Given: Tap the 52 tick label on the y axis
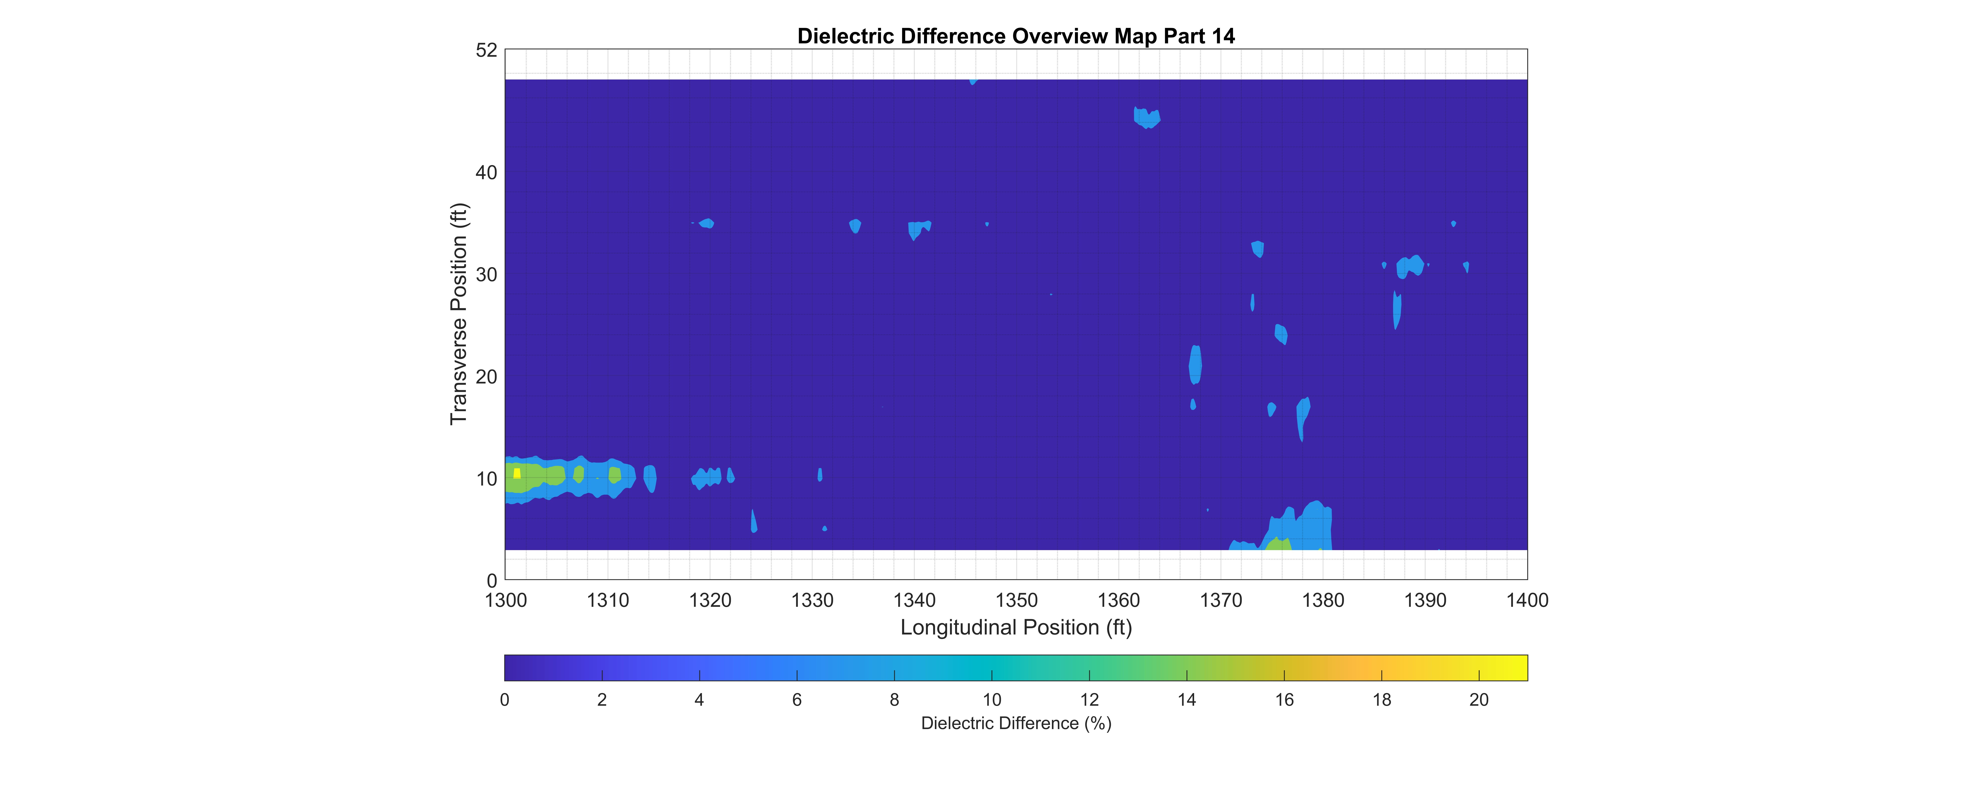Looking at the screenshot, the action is click(x=486, y=50).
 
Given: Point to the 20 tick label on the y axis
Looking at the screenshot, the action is click(x=486, y=376).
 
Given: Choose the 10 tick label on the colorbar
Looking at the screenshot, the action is click(x=991, y=700).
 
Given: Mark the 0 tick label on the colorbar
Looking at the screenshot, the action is click(x=505, y=700).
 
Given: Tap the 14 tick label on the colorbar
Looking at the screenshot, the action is click(x=1186, y=700).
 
